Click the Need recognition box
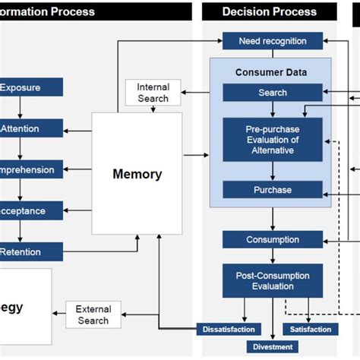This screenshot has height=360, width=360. click(x=273, y=41)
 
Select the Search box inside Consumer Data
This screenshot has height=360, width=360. click(x=273, y=93)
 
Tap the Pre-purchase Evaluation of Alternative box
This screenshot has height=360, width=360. click(x=273, y=139)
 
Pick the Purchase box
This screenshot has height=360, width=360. click(x=273, y=190)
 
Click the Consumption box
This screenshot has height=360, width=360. click(x=273, y=240)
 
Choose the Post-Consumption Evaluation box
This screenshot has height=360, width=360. click(x=273, y=280)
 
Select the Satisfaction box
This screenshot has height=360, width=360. click(x=311, y=329)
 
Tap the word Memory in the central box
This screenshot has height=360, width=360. click(x=137, y=174)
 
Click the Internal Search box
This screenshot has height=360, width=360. click(x=153, y=93)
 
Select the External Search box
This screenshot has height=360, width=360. click(x=93, y=315)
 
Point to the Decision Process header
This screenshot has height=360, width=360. click(x=270, y=11)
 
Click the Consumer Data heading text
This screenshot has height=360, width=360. click(x=271, y=72)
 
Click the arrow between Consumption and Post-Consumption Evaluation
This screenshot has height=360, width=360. click(x=273, y=256)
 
